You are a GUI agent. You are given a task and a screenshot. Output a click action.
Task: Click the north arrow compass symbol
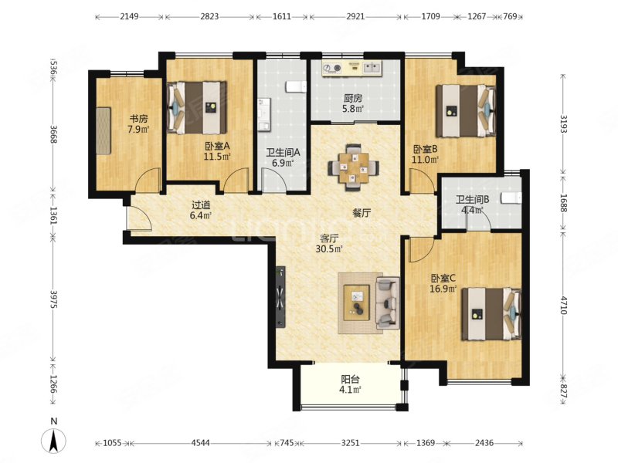(x=54, y=440)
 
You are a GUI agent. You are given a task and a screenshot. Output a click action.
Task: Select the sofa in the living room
(x=388, y=302)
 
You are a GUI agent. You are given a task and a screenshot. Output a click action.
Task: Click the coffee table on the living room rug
(x=357, y=302)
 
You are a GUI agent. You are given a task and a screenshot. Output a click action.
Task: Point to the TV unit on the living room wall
(x=280, y=298)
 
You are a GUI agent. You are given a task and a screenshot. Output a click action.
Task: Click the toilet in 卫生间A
(x=296, y=86)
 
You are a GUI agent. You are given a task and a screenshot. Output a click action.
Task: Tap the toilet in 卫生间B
(x=511, y=198)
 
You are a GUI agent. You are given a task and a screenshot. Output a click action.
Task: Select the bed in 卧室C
(x=491, y=314)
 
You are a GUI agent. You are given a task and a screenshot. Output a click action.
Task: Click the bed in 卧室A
(x=197, y=107)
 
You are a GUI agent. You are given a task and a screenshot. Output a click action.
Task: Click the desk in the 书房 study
(x=104, y=130)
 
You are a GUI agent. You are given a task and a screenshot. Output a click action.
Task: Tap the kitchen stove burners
(x=331, y=69)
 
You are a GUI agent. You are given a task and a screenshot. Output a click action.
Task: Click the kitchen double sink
(x=372, y=68)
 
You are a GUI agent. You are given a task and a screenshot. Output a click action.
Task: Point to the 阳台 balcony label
(x=350, y=380)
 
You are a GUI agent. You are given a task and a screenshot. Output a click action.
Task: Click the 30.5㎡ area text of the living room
(x=329, y=248)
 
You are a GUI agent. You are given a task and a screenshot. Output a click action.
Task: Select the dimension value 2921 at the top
(x=355, y=17)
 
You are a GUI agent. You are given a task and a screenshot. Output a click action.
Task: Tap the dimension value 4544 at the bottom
(x=201, y=443)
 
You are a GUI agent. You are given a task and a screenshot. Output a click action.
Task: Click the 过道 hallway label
(x=201, y=205)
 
